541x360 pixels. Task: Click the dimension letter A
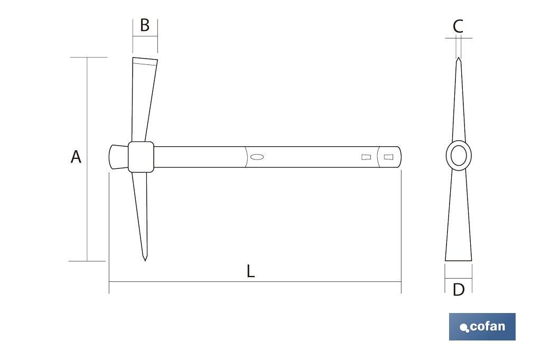[x=76, y=157]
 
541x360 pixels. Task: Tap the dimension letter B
[x=145, y=25]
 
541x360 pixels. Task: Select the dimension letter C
[x=458, y=26]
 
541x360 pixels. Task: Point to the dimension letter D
[x=459, y=290]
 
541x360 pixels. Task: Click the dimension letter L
[x=251, y=271]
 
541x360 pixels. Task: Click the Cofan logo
[x=482, y=327]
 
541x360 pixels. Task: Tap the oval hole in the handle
[x=257, y=157]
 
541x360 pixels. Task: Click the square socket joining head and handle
[x=141, y=157]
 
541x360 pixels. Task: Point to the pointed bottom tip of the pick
[x=145, y=260]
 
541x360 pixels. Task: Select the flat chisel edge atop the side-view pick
[x=145, y=61]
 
